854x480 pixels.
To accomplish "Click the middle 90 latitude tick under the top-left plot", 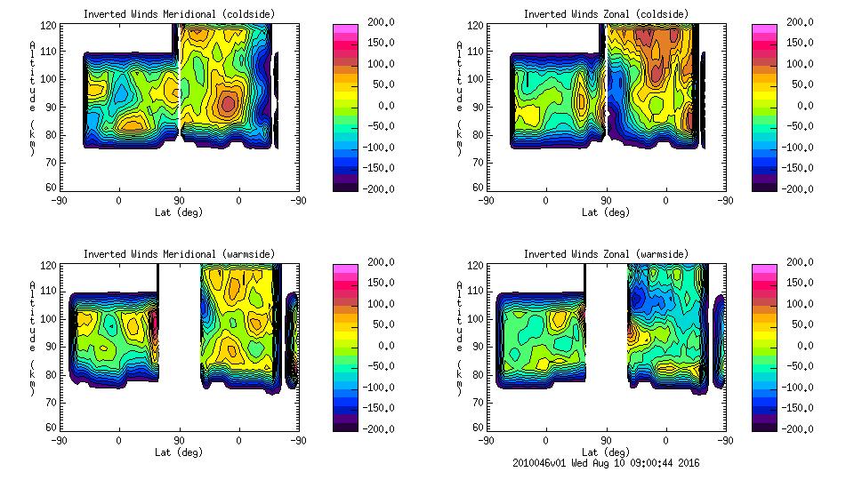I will point(179,201).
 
